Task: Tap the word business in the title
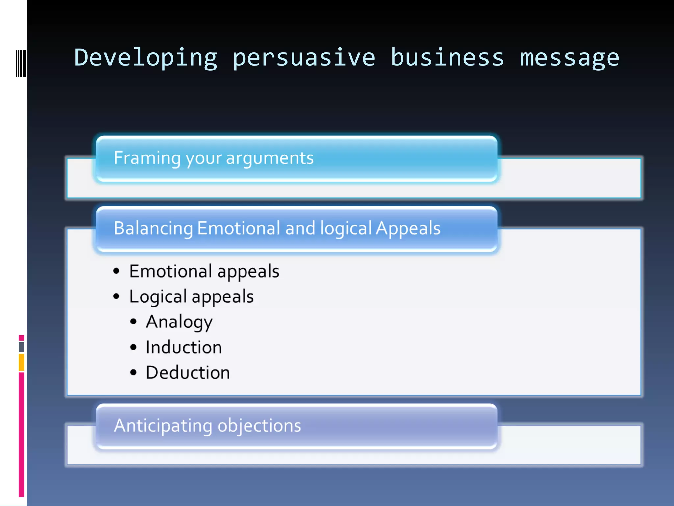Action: coord(447,58)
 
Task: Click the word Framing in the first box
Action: coord(147,158)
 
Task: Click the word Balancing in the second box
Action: coord(153,229)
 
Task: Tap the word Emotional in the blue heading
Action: coord(239,228)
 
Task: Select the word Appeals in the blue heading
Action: coord(408,229)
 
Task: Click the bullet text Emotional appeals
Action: coord(204,272)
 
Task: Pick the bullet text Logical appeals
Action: coord(191,297)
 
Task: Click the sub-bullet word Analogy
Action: coord(179,322)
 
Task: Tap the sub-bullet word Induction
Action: coord(184,348)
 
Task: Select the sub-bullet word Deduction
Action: coord(188,373)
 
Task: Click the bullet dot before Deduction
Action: coord(133,373)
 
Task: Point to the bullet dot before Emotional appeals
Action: coord(116,271)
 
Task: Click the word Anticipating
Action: coord(163,426)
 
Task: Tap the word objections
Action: coord(259,426)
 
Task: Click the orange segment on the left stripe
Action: coord(21,362)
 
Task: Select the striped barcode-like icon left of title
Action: coord(21,64)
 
